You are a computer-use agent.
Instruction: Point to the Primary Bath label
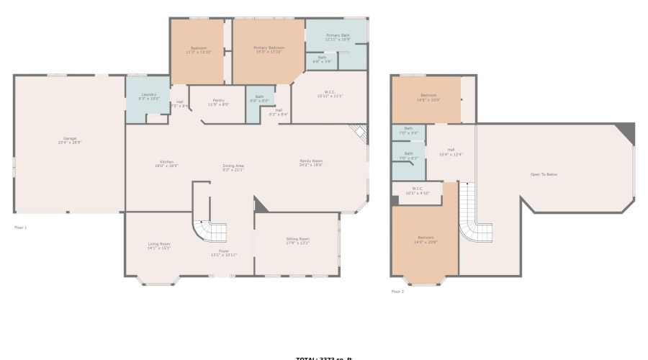click(x=337, y=37)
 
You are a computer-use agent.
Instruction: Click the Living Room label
click(x=159, y=246)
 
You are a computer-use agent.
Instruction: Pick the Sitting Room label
click(x=297, y=240)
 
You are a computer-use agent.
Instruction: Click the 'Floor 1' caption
click(x=21, y=228)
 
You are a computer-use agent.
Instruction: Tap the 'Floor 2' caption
click(x=397, y=292)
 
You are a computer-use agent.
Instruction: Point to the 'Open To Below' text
click(x=544, y=174)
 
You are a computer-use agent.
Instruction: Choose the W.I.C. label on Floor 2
click(x=418, y=192)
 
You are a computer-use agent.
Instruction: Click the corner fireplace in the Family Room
click(x=359, y=134)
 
